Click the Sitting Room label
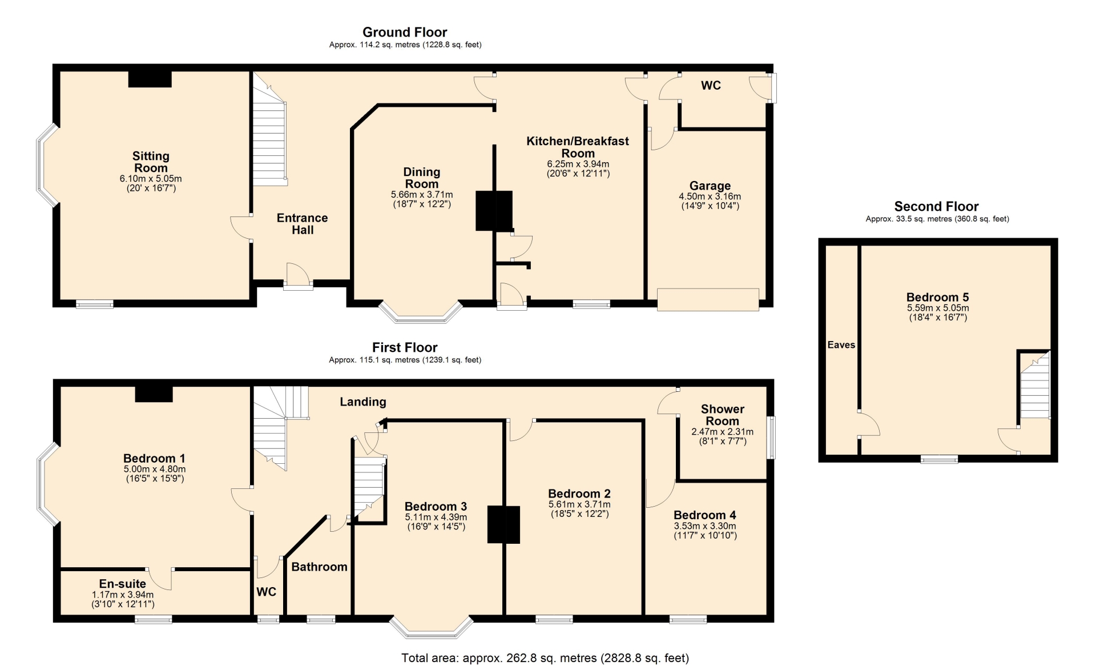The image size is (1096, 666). click(151, 162)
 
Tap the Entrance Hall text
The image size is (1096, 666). click(303, 224)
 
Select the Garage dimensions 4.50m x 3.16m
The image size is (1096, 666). click(710, 196)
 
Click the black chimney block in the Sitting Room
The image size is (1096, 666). click(150, 79)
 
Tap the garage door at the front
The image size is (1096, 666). click(708, 299)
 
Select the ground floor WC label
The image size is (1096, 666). click(711, 86)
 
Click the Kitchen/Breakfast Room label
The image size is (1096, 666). click(578, 147)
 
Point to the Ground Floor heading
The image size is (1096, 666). click(405, 33)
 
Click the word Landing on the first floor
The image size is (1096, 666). click(363, 402)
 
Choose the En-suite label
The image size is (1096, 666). click(123, 584)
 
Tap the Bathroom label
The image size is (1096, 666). click(319, 567)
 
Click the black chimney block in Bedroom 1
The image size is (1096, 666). click(154, 394)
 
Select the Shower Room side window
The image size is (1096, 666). click(771, 438)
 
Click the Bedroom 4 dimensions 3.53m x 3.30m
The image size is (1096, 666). click(705, 526)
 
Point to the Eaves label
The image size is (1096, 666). click(841, 345)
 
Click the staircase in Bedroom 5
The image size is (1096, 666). click(1035, 386)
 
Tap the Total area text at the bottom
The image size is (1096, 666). click(545, 658)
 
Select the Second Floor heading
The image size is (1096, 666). click(936, 206)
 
